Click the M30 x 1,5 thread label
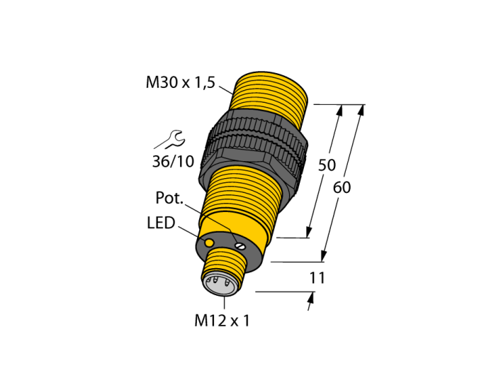[x=180, y=83]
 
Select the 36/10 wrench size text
[x=173, y=162]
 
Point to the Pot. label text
[x=169, y=198]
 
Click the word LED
[x=161, y=223]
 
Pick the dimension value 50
[x=327, y=165]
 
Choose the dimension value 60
[x=342, y=188]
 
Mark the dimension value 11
[x=317, y=278]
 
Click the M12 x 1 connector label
[x=222, y=321]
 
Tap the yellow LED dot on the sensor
[x=209, y=243]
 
